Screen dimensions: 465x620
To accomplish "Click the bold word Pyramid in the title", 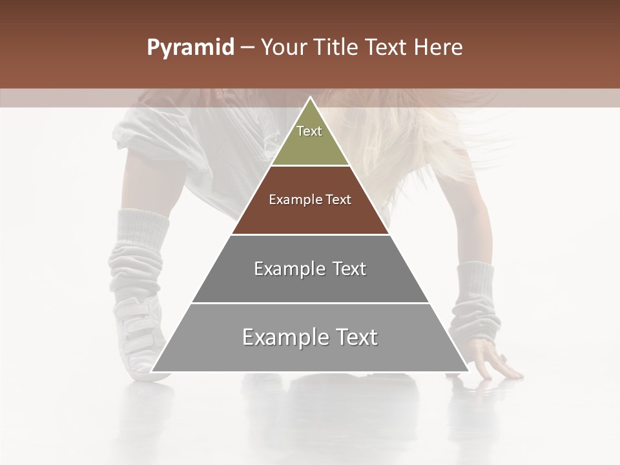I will tap(190, 48).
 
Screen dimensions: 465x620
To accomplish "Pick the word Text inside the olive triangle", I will tap(309, 131).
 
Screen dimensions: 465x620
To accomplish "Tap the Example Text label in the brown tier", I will tap(310, 200).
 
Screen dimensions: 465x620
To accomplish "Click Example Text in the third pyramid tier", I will tap(310, 269).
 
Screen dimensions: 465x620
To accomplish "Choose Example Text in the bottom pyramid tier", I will tap(310, 337).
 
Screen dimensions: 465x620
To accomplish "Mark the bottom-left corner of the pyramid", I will tap(152, 371).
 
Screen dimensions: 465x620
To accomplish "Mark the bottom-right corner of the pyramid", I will tap(468, 371).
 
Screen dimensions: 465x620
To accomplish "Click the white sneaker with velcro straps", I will tap(139, 336).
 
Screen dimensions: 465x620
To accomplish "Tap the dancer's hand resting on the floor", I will tap(494, 362).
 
